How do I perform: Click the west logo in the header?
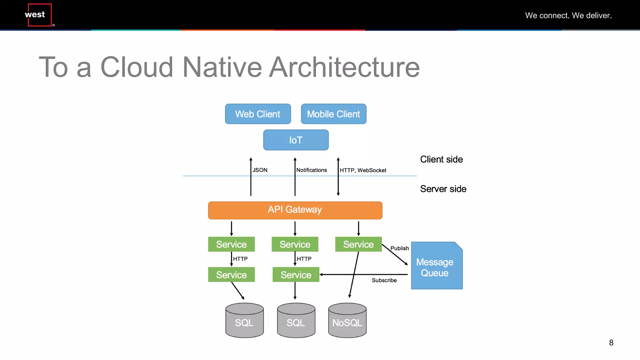[39, 15]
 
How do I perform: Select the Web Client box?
[258, 114]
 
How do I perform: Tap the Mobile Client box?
[333, 114]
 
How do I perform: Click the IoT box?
[296, 140]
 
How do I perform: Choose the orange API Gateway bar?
[295, 210]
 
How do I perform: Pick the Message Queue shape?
[436, 266]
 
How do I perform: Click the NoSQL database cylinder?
[347, 321]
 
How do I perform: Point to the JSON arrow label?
[260, 170]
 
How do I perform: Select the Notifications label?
[312, 170]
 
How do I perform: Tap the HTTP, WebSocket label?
[363, 170]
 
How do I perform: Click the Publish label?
[400, 248]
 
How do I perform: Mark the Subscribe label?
[384, 280]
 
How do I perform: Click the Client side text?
[441, 159]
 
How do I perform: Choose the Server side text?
[443, 189]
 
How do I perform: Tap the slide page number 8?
[611, 343]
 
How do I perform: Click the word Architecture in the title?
[344, 67]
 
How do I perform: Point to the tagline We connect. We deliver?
[568, 15]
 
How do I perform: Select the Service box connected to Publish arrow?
[358, 244]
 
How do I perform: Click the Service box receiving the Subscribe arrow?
[296, 275]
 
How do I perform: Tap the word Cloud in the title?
[137, 67]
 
